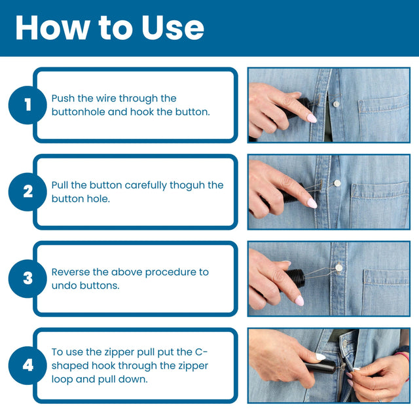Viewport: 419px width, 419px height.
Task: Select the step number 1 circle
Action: tap(27, 105)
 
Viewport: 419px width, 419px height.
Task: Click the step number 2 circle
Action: tap(27, 192)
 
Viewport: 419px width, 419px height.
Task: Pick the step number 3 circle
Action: tap(27, 278)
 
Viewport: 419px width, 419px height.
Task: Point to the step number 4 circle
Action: tap(27, 365)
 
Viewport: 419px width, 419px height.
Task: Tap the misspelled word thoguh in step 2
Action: tap(187, 185)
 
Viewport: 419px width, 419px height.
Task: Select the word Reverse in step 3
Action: tap(71, 272)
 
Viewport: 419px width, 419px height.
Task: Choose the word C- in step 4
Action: tap(221, 352)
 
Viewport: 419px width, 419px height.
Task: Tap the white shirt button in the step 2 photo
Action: tap(337, 183)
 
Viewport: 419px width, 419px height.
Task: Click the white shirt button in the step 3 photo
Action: tap(340, 267)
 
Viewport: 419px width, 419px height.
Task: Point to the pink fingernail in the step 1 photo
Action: tap(312, 118)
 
